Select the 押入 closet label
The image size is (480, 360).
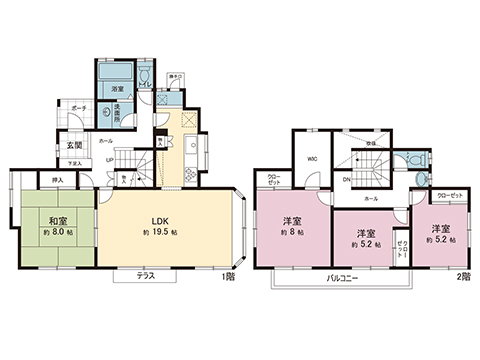(x=57, y=181)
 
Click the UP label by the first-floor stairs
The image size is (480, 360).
(x=107, y=159)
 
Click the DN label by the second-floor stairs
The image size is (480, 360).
(x=347, y=181)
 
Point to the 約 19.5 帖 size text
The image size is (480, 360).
(x=158, y=233)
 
